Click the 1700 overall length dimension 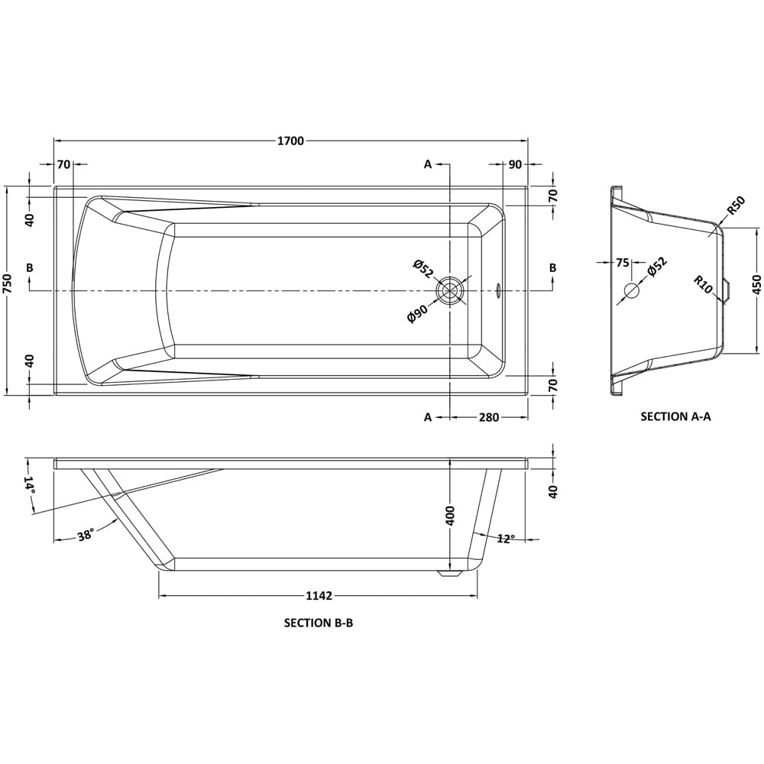point(290,141)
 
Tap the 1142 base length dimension point(319,596)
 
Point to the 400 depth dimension point(451,515)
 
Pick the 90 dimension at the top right point(514,164)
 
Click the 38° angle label point(86,535)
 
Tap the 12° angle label point(505,539)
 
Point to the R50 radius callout point(735,206)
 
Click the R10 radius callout point(704,286)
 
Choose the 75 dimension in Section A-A point(622,263)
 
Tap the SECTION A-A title point(675,416)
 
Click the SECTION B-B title point(319,623)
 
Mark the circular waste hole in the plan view point(450,291)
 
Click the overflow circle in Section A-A point(632,291)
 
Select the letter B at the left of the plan point(29,267)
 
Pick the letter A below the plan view point(428,417)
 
